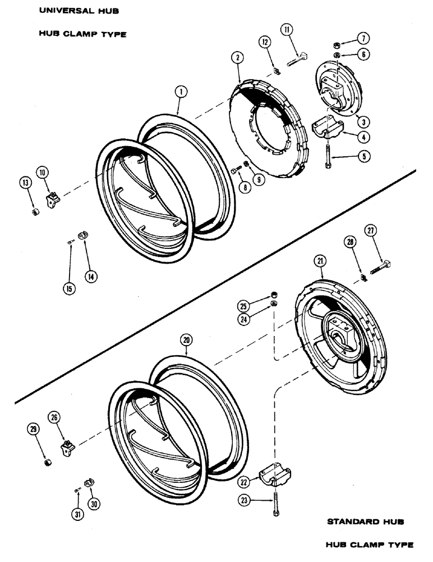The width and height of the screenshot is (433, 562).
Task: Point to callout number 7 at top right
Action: point(363,38)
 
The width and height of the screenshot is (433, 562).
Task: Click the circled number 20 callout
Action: point(186,340)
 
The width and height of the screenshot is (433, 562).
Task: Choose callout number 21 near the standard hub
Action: point(320,260)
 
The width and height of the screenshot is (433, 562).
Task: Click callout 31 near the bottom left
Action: point(76,514)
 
